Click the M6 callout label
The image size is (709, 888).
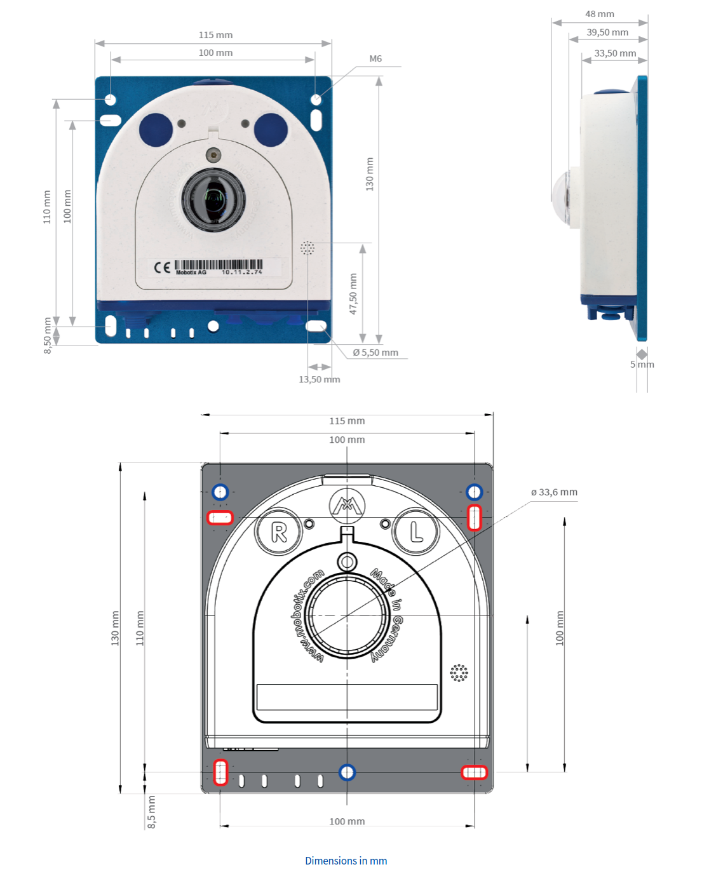coord(375,58)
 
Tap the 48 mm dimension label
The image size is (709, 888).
coord(599,14)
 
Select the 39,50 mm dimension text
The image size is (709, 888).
coord(607,32)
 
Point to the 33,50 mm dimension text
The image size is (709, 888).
coord(614,53)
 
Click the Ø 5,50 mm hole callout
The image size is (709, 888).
coord(375,353)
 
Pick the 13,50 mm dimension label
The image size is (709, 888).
coord(319,379)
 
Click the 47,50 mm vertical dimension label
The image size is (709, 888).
coord(353,294)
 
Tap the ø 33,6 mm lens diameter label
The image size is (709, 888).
coord(554,492)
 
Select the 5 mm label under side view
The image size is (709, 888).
coord(642,364)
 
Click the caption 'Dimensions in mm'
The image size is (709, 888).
coord(346,861)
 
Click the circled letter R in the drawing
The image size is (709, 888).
coord(279,532)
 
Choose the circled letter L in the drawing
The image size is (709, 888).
coord(416,532)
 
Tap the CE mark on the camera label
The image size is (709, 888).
coord(162,267)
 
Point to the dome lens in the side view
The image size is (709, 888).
coord(561,196)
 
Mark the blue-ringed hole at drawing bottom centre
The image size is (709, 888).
coord(347,772)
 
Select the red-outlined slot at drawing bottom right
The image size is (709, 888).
coord(474,772)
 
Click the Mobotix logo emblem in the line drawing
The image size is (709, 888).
coord(347,506)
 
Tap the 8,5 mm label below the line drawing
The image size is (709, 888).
coord(151,812)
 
